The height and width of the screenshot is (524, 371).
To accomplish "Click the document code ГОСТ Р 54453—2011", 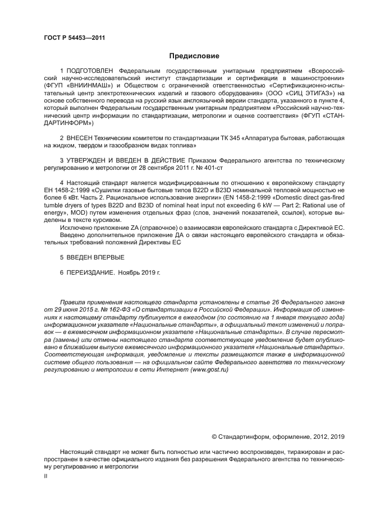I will pos(74,38).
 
